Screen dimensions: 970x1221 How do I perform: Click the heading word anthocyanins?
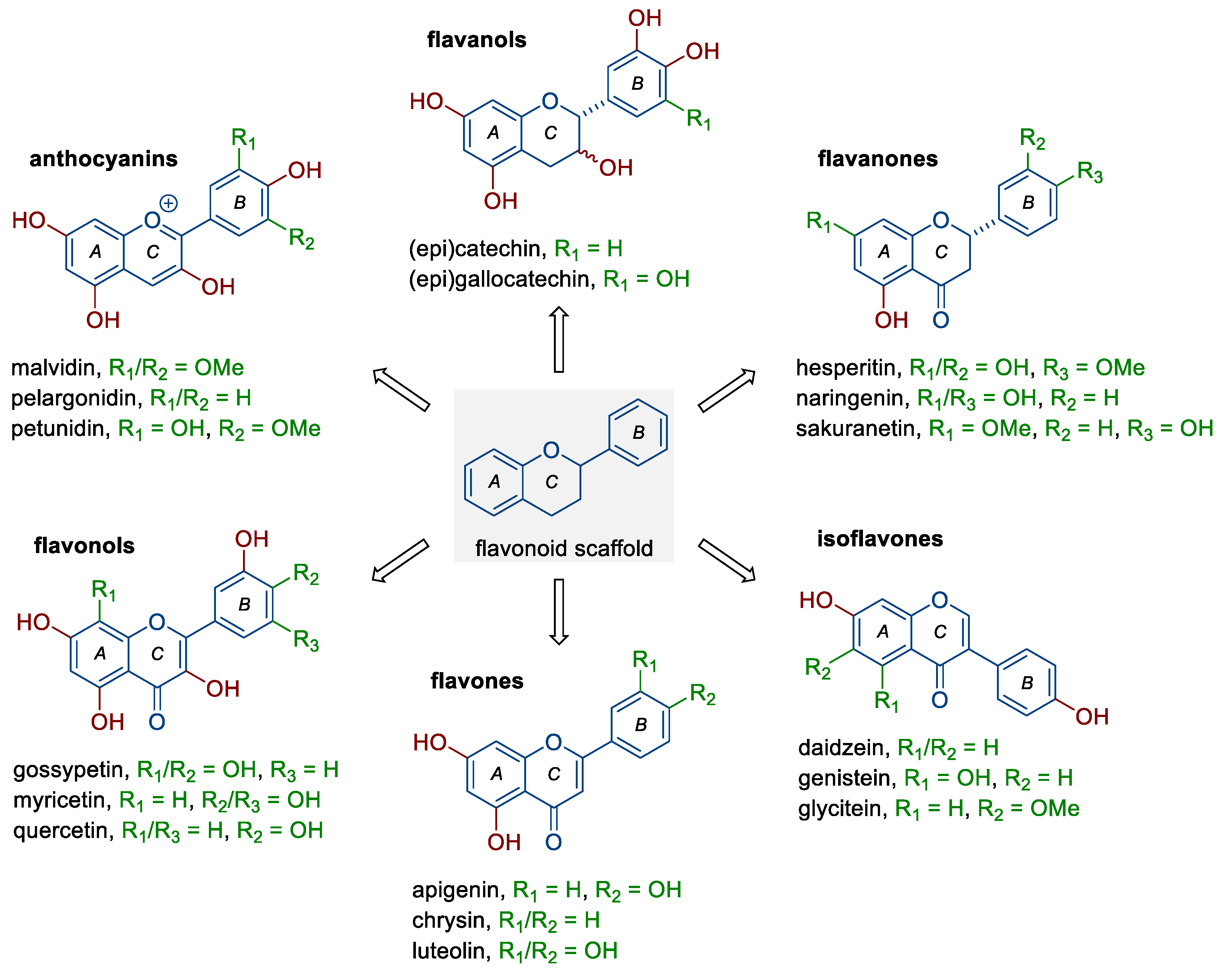coord(104,159)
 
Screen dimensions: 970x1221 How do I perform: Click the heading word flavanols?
coord(476,40)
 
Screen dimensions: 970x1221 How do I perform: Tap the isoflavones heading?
coord(880,539)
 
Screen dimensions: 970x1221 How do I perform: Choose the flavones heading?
coord(477,681)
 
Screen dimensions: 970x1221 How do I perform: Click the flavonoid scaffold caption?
coord(564,548)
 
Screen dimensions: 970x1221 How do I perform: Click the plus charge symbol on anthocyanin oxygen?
coord(168,203)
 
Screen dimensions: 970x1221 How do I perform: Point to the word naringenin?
coord(852,398)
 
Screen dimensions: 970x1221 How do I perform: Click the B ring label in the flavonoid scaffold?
coord(638,433)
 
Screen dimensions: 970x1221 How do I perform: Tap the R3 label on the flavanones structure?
coord(1090,172)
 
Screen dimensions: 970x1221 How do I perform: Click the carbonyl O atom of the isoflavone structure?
coord(939,700)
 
